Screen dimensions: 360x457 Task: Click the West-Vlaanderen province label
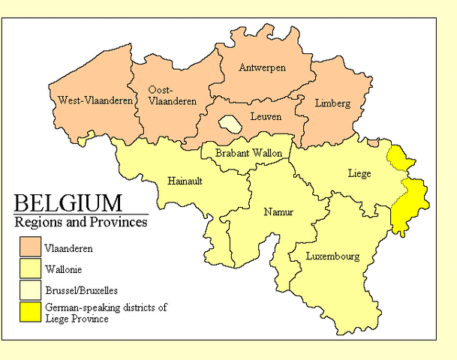95,100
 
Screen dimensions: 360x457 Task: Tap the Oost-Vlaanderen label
163,94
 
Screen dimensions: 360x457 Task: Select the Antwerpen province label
262,67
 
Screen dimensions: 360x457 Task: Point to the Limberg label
332,103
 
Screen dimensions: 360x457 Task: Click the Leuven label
266,117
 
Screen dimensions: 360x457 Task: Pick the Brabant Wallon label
248,153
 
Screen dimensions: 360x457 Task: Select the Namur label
278,212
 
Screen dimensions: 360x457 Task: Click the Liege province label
359,173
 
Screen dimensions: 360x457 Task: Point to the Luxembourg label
332,256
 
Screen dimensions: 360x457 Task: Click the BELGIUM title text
68,203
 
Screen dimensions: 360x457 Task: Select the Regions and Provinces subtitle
81,223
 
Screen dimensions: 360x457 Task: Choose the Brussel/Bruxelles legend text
80,289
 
